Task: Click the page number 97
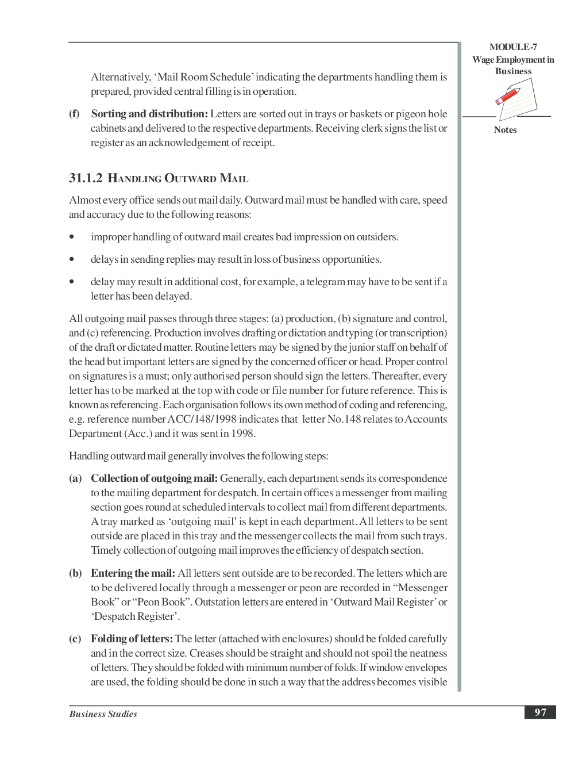[x=540, y=712]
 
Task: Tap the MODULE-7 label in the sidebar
[x=513, y=47]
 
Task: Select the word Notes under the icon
[x=505, y=130]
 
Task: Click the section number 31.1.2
[x=86, y=178]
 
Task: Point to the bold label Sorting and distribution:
[x=149, y=114]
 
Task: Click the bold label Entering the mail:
[x=133, y=573]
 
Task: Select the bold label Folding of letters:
[x=132, y=639]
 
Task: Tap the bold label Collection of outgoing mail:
[x=154, y=478]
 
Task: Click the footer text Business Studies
[x=103, y=714]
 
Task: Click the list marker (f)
[x=75, y=114]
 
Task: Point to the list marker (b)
[x=75, y=573]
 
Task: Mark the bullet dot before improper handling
[x=71, y=237]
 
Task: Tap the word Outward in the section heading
[x=190, y=178]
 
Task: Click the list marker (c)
[x=75, y=639]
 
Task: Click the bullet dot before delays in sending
[x=71, y=259]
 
